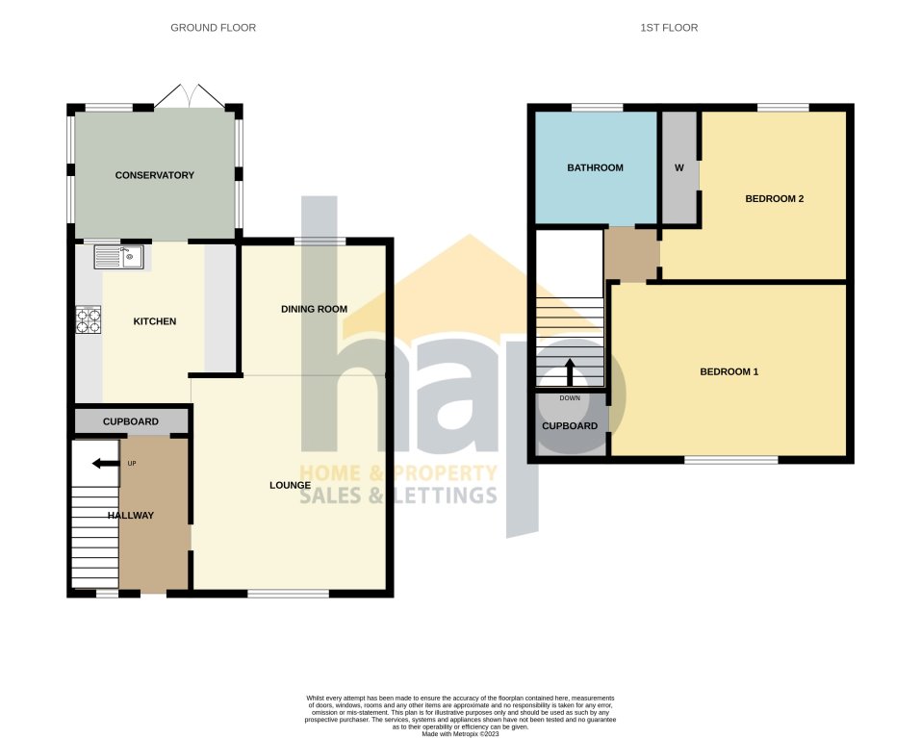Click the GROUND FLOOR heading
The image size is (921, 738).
(x=213, y=28)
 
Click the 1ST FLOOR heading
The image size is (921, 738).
(x=669, y=28)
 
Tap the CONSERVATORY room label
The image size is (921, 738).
(x=154, y=175)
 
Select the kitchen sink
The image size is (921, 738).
(x=118, y=257)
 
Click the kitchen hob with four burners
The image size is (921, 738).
(x=89, y=319)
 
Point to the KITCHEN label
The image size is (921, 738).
(x=154, y=321)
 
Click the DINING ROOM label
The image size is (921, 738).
(x=314, y=309)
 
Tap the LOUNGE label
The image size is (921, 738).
(x=289, y=485)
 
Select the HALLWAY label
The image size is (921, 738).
(x=130, y=516)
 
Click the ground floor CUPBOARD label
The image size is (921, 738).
(x=131, y=421)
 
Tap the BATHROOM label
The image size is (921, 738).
(x=595, y=167)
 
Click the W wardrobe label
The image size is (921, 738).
(x=678, y=168)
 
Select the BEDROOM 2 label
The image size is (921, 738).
(x=775, y=199)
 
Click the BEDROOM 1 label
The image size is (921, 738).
(x=729, y=371)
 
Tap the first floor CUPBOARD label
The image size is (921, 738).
(x=570, y=426)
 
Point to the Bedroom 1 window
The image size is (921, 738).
(x=730, y=460)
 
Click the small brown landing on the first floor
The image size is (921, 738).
(x=630, y=255)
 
